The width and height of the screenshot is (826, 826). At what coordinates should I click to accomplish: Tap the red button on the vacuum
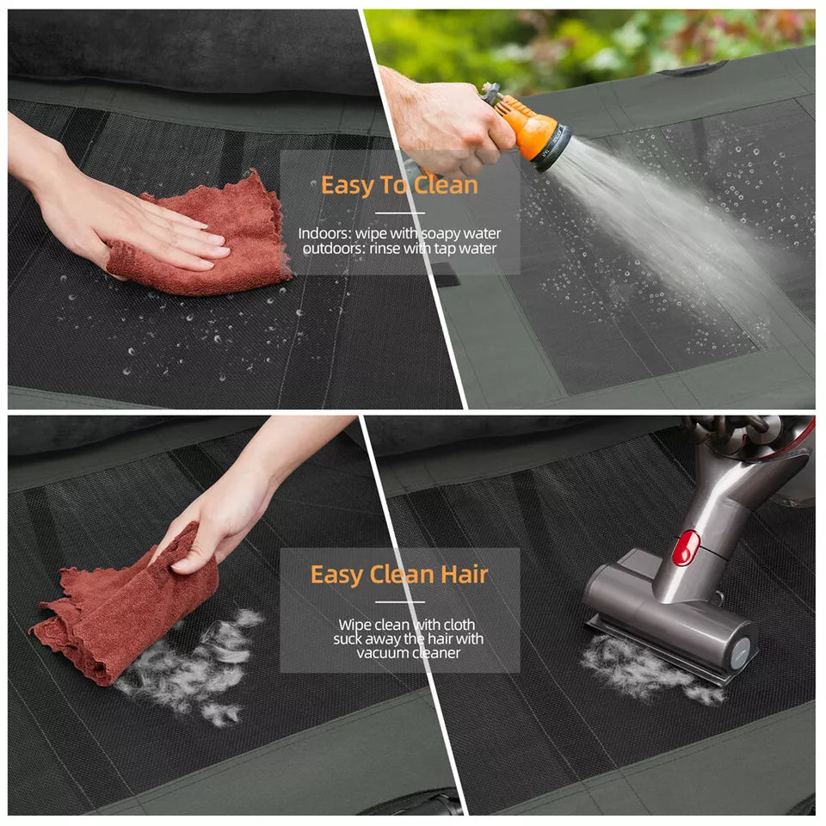click(x=685, y=547)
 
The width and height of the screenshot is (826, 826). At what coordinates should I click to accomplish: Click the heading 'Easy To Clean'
click(x=398, y=185)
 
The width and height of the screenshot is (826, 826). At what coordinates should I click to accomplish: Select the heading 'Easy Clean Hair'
click(x=399, y=574)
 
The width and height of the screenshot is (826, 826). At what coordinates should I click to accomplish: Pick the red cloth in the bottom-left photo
click(x=129, y=602)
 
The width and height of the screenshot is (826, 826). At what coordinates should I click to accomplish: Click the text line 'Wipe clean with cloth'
click(x=406, y=624)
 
